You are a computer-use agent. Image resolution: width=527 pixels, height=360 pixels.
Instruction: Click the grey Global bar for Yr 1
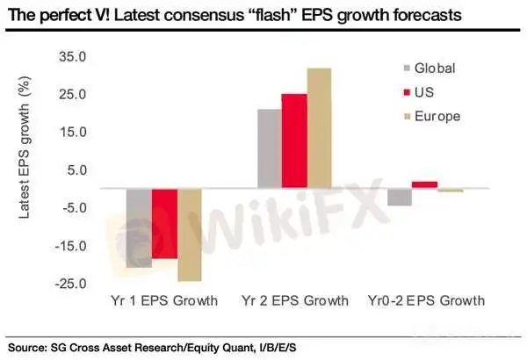point(138,227)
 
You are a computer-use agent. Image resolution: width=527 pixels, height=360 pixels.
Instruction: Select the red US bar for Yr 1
point(164,223)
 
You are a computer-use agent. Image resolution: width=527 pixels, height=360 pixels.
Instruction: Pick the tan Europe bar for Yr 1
point(190,234)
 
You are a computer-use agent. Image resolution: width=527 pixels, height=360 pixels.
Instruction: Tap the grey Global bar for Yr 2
point(269,148)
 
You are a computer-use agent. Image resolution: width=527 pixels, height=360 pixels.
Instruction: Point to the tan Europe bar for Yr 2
point(320,128)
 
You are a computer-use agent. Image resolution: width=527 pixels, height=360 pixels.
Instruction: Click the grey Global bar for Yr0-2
point(400,197)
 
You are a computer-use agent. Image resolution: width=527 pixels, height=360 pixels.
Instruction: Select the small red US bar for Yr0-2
point(424,184)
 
